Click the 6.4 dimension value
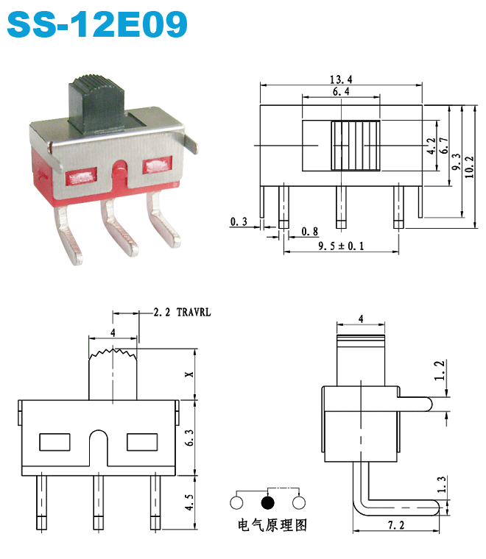340,92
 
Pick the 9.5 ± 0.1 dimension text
341,246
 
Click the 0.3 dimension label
238,221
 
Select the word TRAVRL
194,313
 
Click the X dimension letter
189,374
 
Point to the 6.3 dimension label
189,438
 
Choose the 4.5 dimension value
189,503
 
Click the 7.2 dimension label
398,525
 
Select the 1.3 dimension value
440,484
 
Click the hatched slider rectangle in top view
355,146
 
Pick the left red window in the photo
82,177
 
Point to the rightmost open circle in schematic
299,503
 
